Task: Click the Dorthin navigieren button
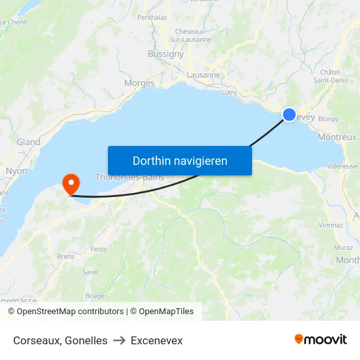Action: coord(179,160)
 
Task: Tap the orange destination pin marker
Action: coord(69,183)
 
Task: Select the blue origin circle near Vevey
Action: coord(289,115)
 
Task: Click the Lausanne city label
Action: coord(204,75)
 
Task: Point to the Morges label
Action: coord(139,83)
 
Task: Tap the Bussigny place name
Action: coord(166,54)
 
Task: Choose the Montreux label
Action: coord(336,137)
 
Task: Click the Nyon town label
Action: coord(16,171)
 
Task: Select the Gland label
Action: coord(28,142)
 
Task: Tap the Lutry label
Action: coord(228,93)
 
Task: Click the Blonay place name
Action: coord(329,119)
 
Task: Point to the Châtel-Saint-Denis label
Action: coord(334,76)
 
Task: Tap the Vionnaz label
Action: coord(331,225)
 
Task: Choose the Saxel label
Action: coord(90,272)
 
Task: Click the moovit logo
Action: coord(321,340)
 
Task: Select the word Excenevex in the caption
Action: coord(156,340)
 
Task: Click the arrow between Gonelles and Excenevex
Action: coord(119,340)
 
